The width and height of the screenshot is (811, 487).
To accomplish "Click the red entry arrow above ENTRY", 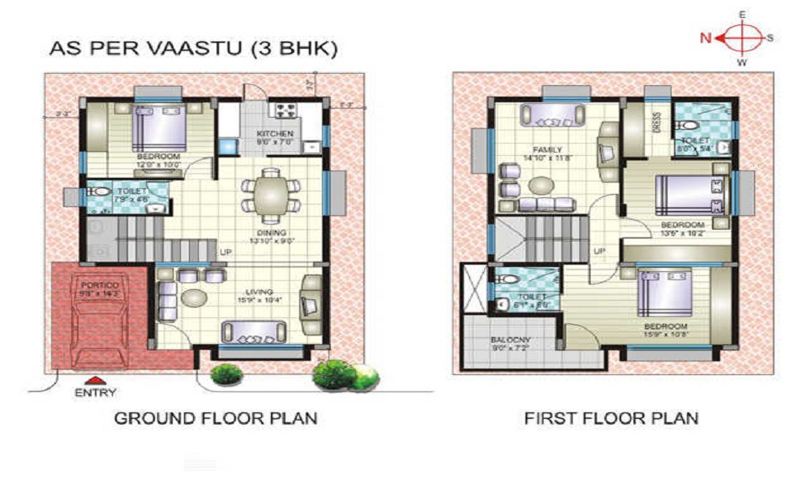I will [x=96, y=379].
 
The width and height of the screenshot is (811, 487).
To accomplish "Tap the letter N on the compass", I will [x=706, y=37].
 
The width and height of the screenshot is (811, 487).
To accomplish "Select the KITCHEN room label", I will [x=275, y=134].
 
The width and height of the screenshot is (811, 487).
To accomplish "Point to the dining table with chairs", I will [x=266, y=196].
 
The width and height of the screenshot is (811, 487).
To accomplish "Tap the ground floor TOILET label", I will [x=108, y=191].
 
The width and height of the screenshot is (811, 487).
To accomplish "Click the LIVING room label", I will [x=260, y=291].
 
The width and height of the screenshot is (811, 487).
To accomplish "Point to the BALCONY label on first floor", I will [x=508, y=340].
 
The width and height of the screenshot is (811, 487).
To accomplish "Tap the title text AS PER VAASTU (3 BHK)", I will [x=193, y=49].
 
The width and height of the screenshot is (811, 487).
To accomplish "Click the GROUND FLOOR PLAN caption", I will [x=215, y=419].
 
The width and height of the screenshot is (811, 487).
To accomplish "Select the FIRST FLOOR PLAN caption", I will [x=611, y=419].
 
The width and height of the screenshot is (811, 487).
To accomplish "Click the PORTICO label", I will [x=100, y=286].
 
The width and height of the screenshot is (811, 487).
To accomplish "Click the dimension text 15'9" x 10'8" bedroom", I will [x=667, y=334].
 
